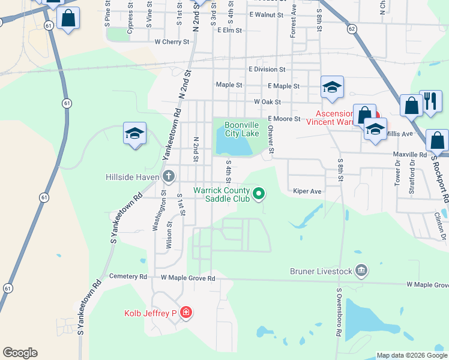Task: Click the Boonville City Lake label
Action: (x=241, y=129)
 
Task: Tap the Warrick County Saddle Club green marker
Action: (x=259, y=193)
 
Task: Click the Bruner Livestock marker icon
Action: (x=361, y=271)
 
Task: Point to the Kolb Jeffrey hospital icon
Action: (x=186, y=313)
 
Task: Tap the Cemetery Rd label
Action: (x=128, y=277)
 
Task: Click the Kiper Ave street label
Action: (x=307, y=191)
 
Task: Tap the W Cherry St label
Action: (x=172, y=42)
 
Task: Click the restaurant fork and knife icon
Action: (x=430, y=101)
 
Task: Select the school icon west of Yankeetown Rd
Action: (x=135, y=134)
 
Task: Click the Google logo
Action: (x=20, y=353)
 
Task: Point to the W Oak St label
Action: (x=268, y=102)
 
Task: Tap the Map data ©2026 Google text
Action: (x=412, y=355)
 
